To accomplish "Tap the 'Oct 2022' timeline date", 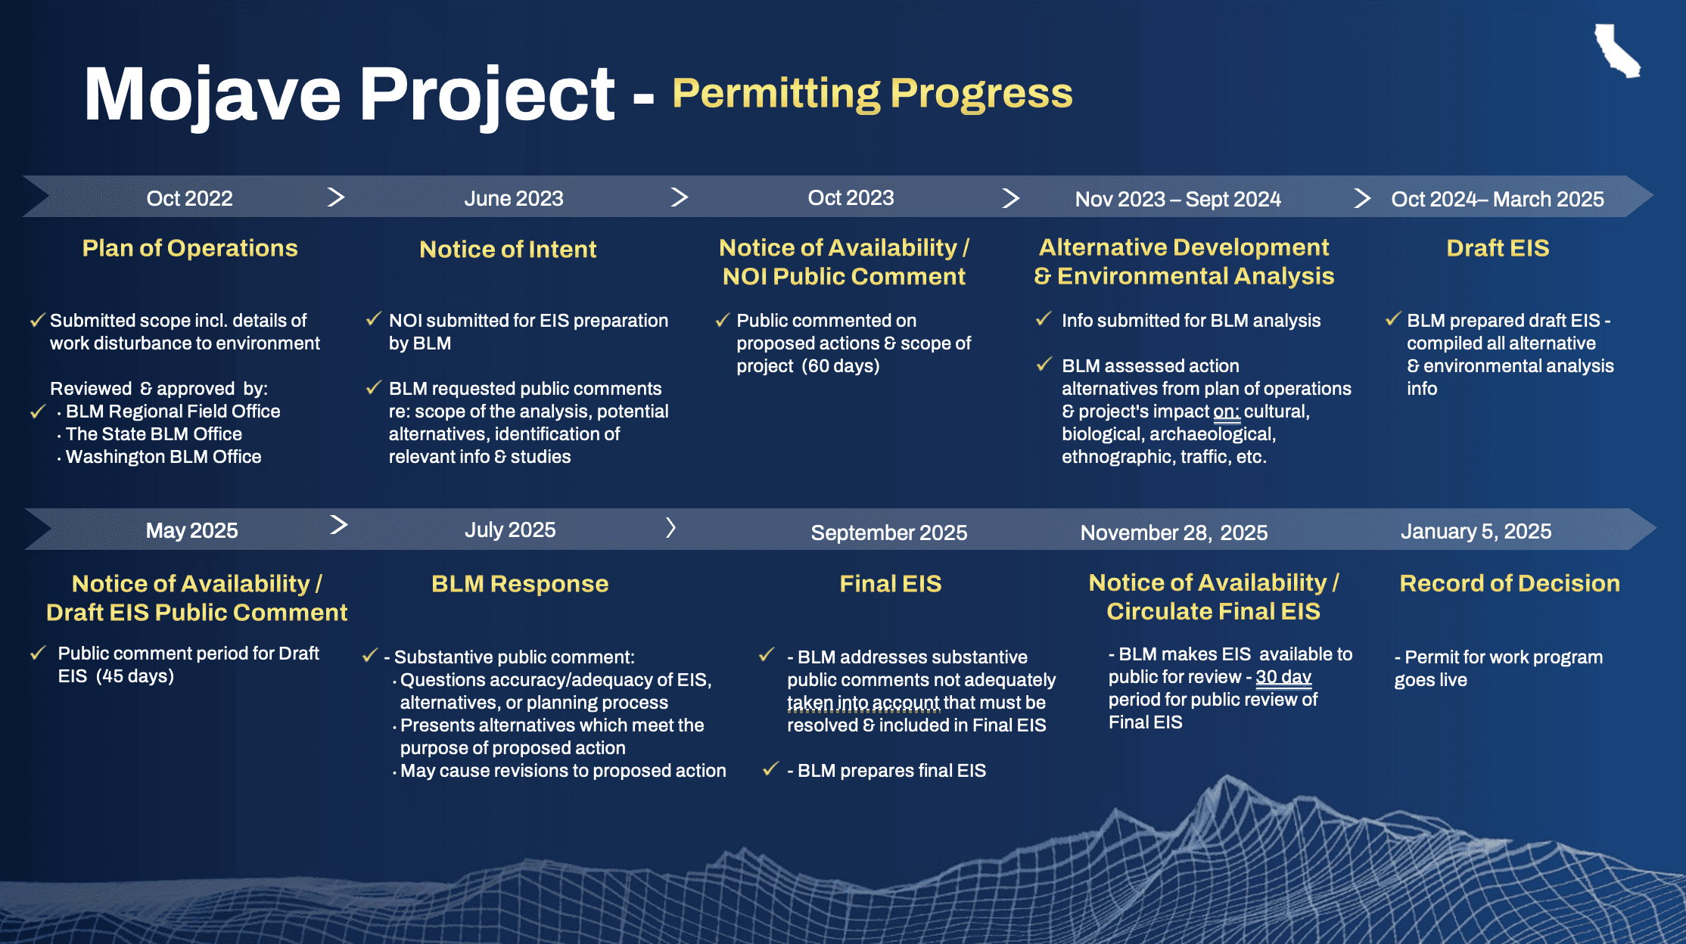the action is tap(189, 198).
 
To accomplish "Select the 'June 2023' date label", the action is tap(514, 198).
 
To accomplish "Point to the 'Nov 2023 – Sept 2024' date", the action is tap(1178, 199).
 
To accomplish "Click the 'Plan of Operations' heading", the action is tap(190, 248).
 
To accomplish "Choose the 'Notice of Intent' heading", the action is tap(508, 249).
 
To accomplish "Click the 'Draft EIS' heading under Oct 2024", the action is tap(1498, 248).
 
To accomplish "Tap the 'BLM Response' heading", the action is tap(520, 584).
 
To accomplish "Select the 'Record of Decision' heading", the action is tap(1510, 583).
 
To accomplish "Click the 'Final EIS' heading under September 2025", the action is tap(891, 584).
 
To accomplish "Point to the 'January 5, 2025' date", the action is tap(1476, 531).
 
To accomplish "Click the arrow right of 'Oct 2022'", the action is tap(336, 197).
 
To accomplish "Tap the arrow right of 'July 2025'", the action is tap(670, 527).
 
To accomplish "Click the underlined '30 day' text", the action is tap(1283, 677).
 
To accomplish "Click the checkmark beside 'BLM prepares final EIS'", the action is tap(770, 769).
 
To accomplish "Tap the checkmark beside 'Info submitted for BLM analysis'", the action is tap(1044, 319).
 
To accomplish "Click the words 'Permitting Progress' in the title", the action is tap(873, 94).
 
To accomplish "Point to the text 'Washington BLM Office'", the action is tap(163, 457).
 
